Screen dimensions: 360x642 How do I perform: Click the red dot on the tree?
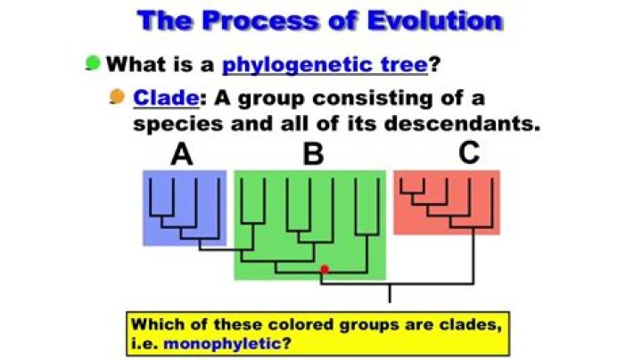[325, 268]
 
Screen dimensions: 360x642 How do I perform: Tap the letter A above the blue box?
[182, 154]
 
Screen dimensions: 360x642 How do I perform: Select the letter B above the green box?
[313, 154]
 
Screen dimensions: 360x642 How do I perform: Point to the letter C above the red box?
[469, 153]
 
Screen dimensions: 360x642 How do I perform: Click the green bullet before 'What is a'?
[92, 62]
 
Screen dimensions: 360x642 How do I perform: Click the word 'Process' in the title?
[259, 19]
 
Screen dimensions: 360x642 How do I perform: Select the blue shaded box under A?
[184, 208]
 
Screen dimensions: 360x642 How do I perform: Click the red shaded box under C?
[446, 202]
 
